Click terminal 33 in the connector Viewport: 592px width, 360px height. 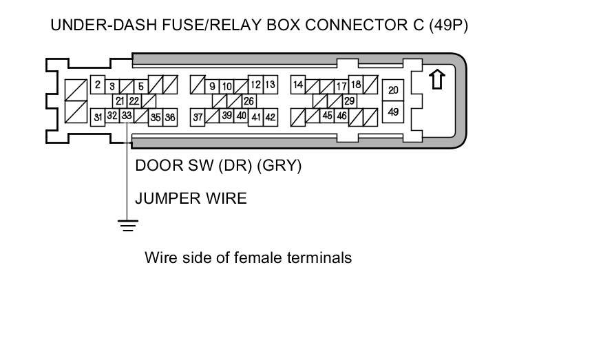126,116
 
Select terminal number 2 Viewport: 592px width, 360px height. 98,85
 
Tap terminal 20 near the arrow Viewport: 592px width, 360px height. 393,90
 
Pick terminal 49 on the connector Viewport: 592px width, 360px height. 393,111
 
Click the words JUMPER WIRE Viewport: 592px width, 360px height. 191,199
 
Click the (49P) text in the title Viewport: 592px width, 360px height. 447,26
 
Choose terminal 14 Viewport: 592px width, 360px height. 298,85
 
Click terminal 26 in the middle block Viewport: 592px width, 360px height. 249,101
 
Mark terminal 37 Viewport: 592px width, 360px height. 198,118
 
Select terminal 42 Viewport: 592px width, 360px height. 271,118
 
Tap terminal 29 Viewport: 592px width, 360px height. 349,101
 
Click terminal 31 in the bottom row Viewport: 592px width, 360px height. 98,117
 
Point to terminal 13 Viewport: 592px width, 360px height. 270,85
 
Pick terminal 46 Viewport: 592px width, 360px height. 342,116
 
